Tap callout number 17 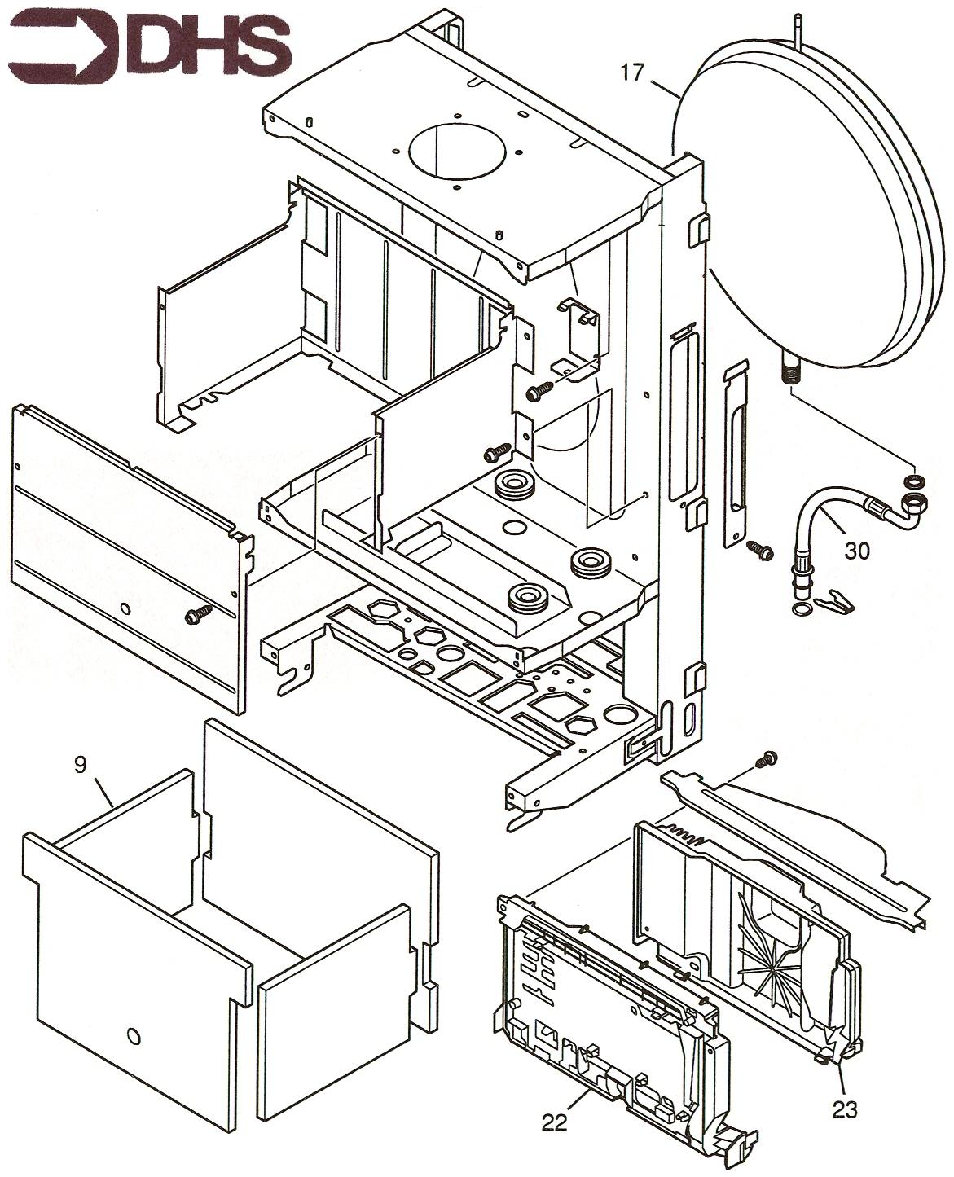632,72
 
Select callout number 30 856,551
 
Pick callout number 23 845,1109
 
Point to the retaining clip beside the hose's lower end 837,600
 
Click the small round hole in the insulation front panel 134,1036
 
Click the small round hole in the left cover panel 124,607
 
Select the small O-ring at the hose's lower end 801,609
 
